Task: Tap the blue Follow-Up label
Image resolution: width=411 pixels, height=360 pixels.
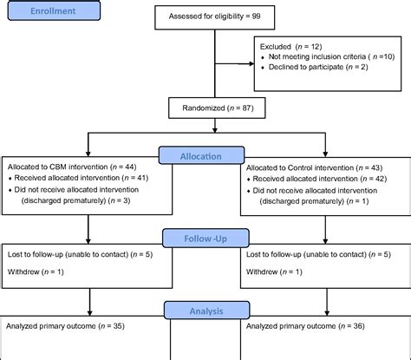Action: tap(205, 235)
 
